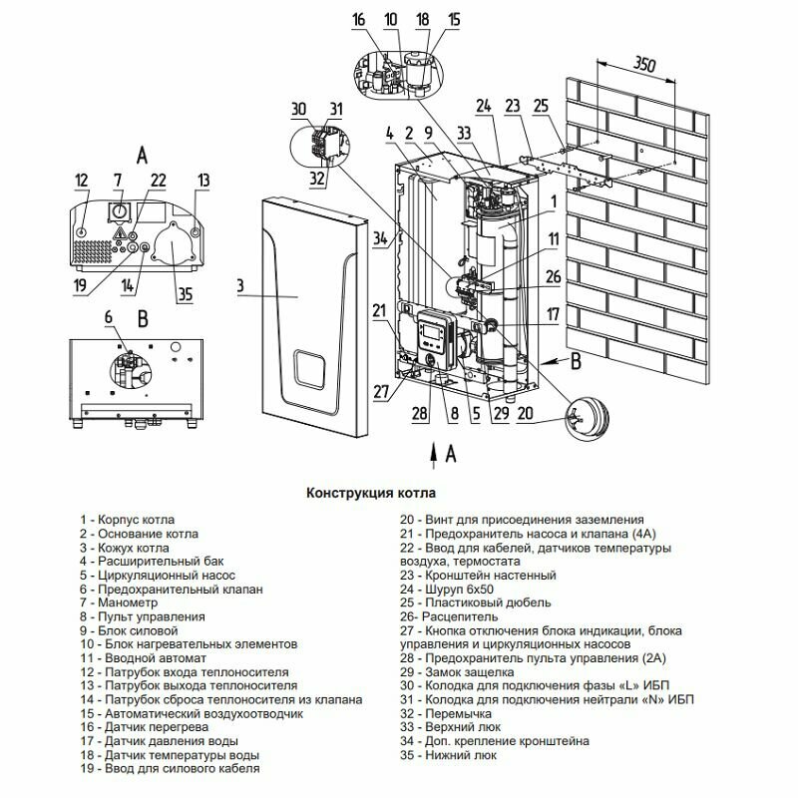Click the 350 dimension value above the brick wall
coord(645,67)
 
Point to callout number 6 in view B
coord(109,316)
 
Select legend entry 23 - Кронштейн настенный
coord(477,576)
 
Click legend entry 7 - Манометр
coord(122,603)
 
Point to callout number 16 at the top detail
coord(360,19)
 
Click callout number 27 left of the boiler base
coord(380,392)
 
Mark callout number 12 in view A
coord(82,181)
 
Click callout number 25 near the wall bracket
coord(542,105)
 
